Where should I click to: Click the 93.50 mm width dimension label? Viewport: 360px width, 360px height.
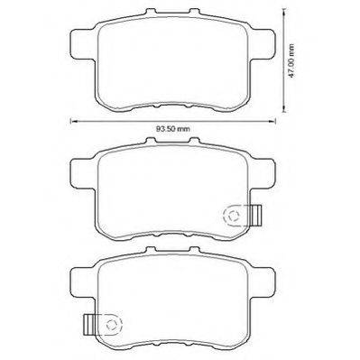click(x=173, y=129)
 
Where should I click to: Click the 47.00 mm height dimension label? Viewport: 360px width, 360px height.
click(x=291, y=60)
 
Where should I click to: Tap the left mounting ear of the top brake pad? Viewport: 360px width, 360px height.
click(x=83, y=44)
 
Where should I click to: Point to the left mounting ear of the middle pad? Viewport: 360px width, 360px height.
click(x=83, y=173)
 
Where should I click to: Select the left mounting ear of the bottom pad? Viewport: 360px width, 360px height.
click(x=83, y=282)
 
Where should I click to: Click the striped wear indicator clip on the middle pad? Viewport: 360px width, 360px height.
click(x=256, y=216)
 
